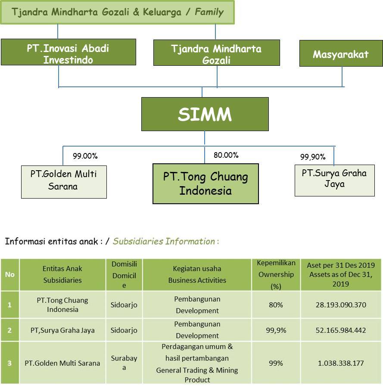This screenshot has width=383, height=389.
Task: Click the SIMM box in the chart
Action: [x=205, y=114]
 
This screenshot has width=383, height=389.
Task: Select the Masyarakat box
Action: [x=341, y=53]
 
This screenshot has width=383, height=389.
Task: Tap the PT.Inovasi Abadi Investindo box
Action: [x=69, y=52]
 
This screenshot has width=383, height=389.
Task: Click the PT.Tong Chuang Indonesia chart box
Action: [x=206, y=184]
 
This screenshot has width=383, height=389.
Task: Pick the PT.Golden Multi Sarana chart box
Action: [x=64, y=182]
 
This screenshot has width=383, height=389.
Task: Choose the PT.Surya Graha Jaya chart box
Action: [x=334, y=181]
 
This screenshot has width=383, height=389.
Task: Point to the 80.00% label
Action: [x=226, y=155]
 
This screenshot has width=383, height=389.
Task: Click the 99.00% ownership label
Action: [x=85, y=156]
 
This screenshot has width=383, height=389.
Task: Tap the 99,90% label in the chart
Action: [x=313, y=157]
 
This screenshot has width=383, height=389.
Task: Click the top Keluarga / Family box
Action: [x=117, y=12]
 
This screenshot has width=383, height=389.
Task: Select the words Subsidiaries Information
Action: [x=164, y=241]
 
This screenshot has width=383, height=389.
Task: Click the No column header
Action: [x=10, y=275]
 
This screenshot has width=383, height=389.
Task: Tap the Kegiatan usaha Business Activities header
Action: [x=197, y=275]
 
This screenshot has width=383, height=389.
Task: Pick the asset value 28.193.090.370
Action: [x=341, y=305]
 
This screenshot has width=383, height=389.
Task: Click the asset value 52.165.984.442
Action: [x=341, y=331]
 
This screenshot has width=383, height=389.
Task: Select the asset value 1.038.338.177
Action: [x=341, y=363]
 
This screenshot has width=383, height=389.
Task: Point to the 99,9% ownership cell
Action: [x=276, y=331]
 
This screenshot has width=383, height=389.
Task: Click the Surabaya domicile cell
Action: [x=124, y=363]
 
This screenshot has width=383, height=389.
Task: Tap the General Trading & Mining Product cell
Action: [x=197, y=363]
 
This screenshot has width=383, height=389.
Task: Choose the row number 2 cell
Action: [x=10, y=330]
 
